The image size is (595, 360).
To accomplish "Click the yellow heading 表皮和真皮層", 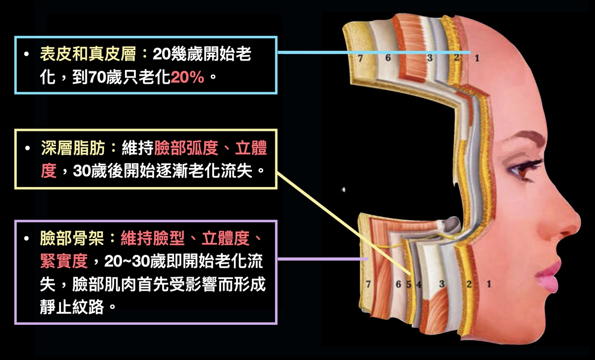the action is click(x=88, y=54).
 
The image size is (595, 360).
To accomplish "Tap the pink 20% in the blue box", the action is click(x=187, y=77).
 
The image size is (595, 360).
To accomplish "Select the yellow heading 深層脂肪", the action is click(x=73, y=148).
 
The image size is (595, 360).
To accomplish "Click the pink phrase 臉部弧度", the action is click(x=186, y=148).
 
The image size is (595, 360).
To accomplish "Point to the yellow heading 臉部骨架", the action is click(x=72, y=238).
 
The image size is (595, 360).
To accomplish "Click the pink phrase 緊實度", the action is click(x=64, y=261).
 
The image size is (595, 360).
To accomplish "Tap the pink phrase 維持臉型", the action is click(x=153, y=238).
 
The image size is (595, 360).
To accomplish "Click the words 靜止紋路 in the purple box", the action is click(x=72, y=307).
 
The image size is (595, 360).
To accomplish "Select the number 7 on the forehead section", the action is click(x=360, y=58).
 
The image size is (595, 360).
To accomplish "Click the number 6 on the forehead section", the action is click(x=388, y=58).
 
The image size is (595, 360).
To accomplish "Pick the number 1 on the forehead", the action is click(x=477, y=58).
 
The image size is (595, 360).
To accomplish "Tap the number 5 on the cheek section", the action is click(x=409, y=284).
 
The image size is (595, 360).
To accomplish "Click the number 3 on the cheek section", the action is click(x=442, y=284).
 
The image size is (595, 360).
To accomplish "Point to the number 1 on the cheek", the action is click(x=489, y=284).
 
